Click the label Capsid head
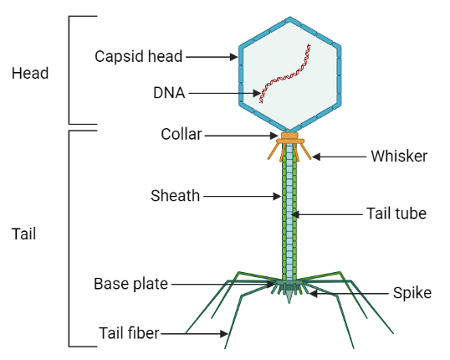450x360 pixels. pyautogui.click(x=139, y=57)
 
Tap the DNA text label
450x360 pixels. pyautogui.click(x=171, y=92)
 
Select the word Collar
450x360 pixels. pyautogui.click(x=180, y=135)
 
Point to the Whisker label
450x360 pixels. pyautogui.click(x=398, y=156)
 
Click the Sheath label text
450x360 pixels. pyautogui.click(x=175, y=196)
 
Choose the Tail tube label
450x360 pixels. pyautogui.click(x=396, y=213)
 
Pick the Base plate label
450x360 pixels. pyautogui.click(x=131, y=283)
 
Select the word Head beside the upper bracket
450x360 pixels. pyautogui.click(x=30, y=73)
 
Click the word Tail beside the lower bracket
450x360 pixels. pyautogui.click(x=25, y=235)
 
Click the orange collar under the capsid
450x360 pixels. pyautogui.click(x=289, y=136)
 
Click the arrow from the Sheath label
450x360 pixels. pyautogui.click(x=243, y=197)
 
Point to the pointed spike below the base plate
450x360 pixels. pyautogui.click(x=289, y=297)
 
